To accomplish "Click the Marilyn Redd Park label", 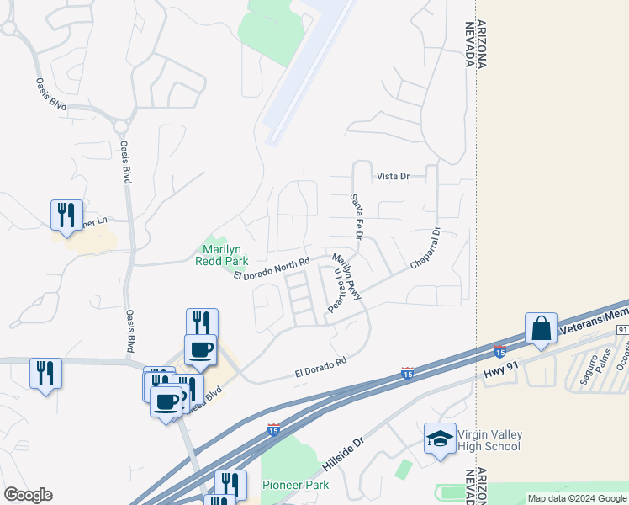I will click(225, 254).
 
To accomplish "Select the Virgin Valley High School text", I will click(489, 440).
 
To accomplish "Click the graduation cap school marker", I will click(439, 439).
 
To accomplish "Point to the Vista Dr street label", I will click(392, 176).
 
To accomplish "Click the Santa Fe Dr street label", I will click(355, 218).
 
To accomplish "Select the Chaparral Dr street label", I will click(425, 248).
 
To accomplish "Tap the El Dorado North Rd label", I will click(272, 269).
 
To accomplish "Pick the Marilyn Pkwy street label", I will click(347, 277).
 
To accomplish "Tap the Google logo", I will click(28, 495).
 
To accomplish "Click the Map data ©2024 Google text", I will click(576, 498).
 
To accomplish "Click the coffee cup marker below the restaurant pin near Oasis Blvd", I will click(200, 349).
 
